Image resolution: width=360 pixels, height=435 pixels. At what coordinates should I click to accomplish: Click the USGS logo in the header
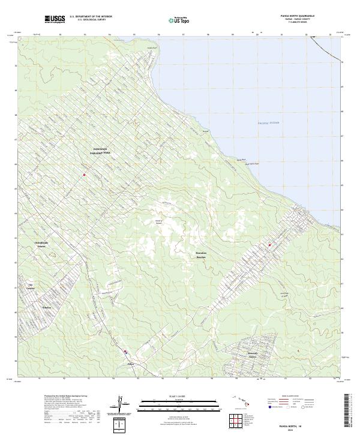coord(55,19)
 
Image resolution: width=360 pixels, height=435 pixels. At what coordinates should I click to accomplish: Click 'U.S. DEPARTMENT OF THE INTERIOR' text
coord(91,17)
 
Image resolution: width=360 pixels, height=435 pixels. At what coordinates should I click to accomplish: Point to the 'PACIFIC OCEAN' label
coord(268,122)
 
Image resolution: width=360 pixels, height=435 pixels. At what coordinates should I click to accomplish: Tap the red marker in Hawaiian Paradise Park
coord(84,175)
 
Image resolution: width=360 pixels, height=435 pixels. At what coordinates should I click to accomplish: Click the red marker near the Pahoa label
coord(125,352)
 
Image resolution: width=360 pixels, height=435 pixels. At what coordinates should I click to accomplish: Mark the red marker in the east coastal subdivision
coord(269,245)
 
